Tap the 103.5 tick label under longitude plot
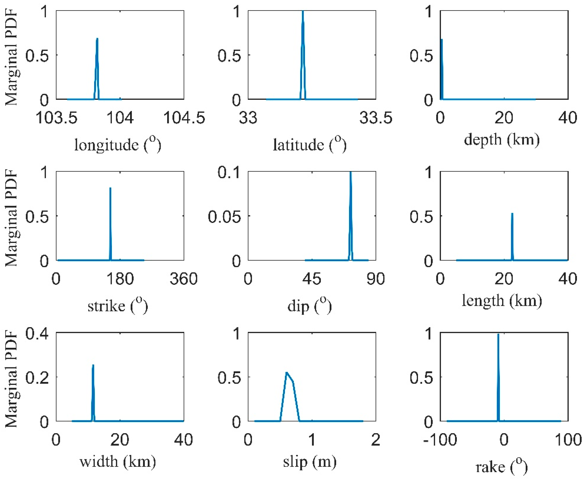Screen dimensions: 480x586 click(56, 118)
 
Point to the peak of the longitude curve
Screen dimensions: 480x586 click(97, 39)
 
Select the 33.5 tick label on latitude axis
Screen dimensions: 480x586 click(375, 118)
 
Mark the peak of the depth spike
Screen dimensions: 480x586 click(441, 40)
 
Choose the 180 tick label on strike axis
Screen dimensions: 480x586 click(120, 278)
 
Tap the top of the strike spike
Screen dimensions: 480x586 click(110, 188)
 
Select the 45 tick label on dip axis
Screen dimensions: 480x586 click(312, 278)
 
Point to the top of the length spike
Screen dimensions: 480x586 click(512, 213)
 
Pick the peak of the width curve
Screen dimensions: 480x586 click(93, 365)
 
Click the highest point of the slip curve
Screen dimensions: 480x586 click(286, 372)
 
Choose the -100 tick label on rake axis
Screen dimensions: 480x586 click(440, 440)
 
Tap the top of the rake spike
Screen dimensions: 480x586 click(498, 334)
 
